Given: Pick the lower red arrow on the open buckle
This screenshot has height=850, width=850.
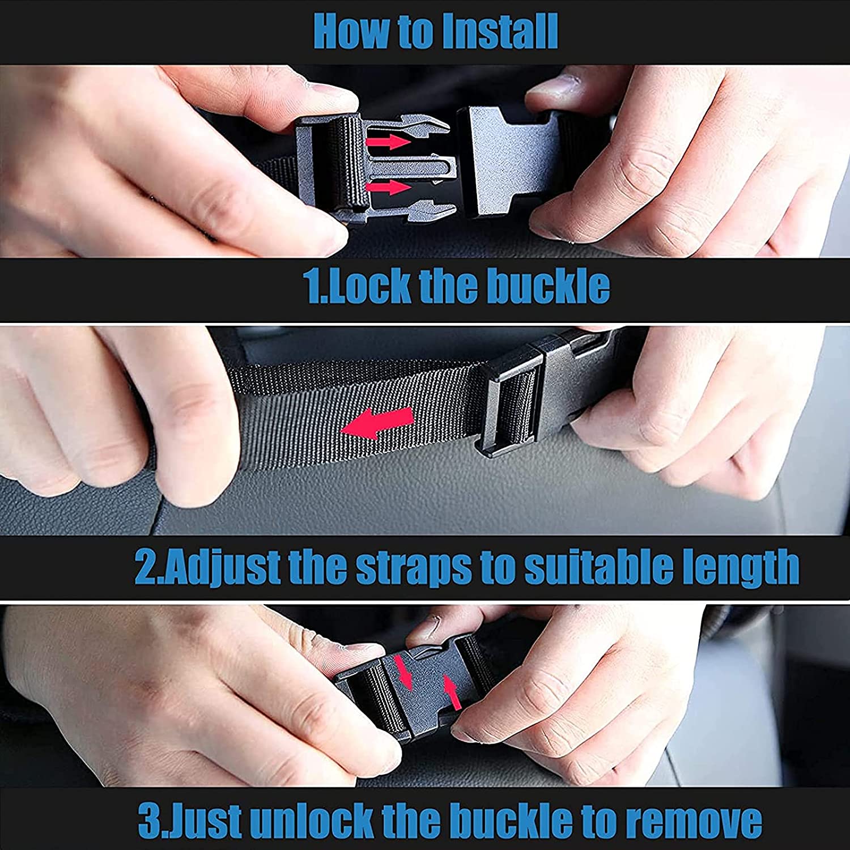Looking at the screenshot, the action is click(x=389, y=187).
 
